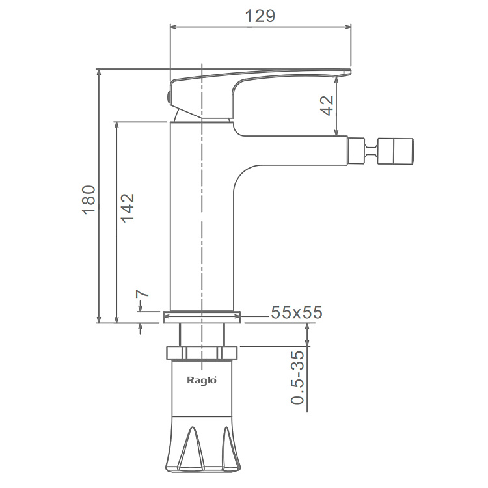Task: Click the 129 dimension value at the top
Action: pyautogui.click(x=260, y=16)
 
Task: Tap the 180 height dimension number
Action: pyautogui.click(x=88, y=200)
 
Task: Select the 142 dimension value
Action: pyautogui.click(x=128, y=208)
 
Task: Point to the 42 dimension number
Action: pyautogui.click(x=327, y=106)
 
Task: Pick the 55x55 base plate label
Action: pyautogui.click(x=296, y=312)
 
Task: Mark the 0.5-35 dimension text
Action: pyautogui.click(x=297, y=377)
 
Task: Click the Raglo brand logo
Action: pyautogui.click(x=202, y=381)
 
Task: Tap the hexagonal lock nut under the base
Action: pyautogui.click(x=202, y=353)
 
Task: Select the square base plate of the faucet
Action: pyautogui.click(x=202, y=317)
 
